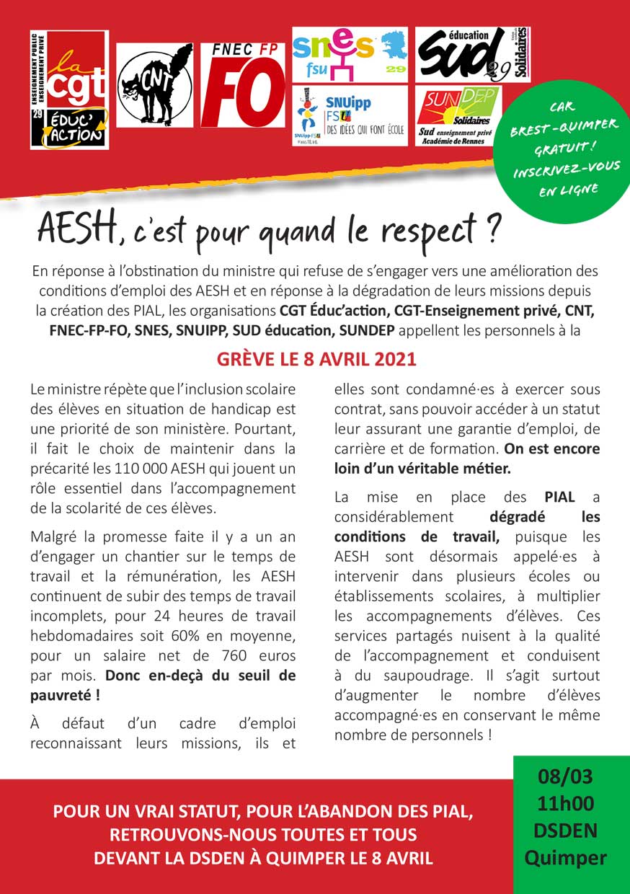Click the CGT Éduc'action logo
[69, 89]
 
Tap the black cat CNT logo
[154, 84]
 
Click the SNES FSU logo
[349, 54]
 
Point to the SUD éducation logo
[472, 55]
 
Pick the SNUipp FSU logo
[349, 115]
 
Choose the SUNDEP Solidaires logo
[458, 115]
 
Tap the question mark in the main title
[494, 230]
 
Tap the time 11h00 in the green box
[565, 804]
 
